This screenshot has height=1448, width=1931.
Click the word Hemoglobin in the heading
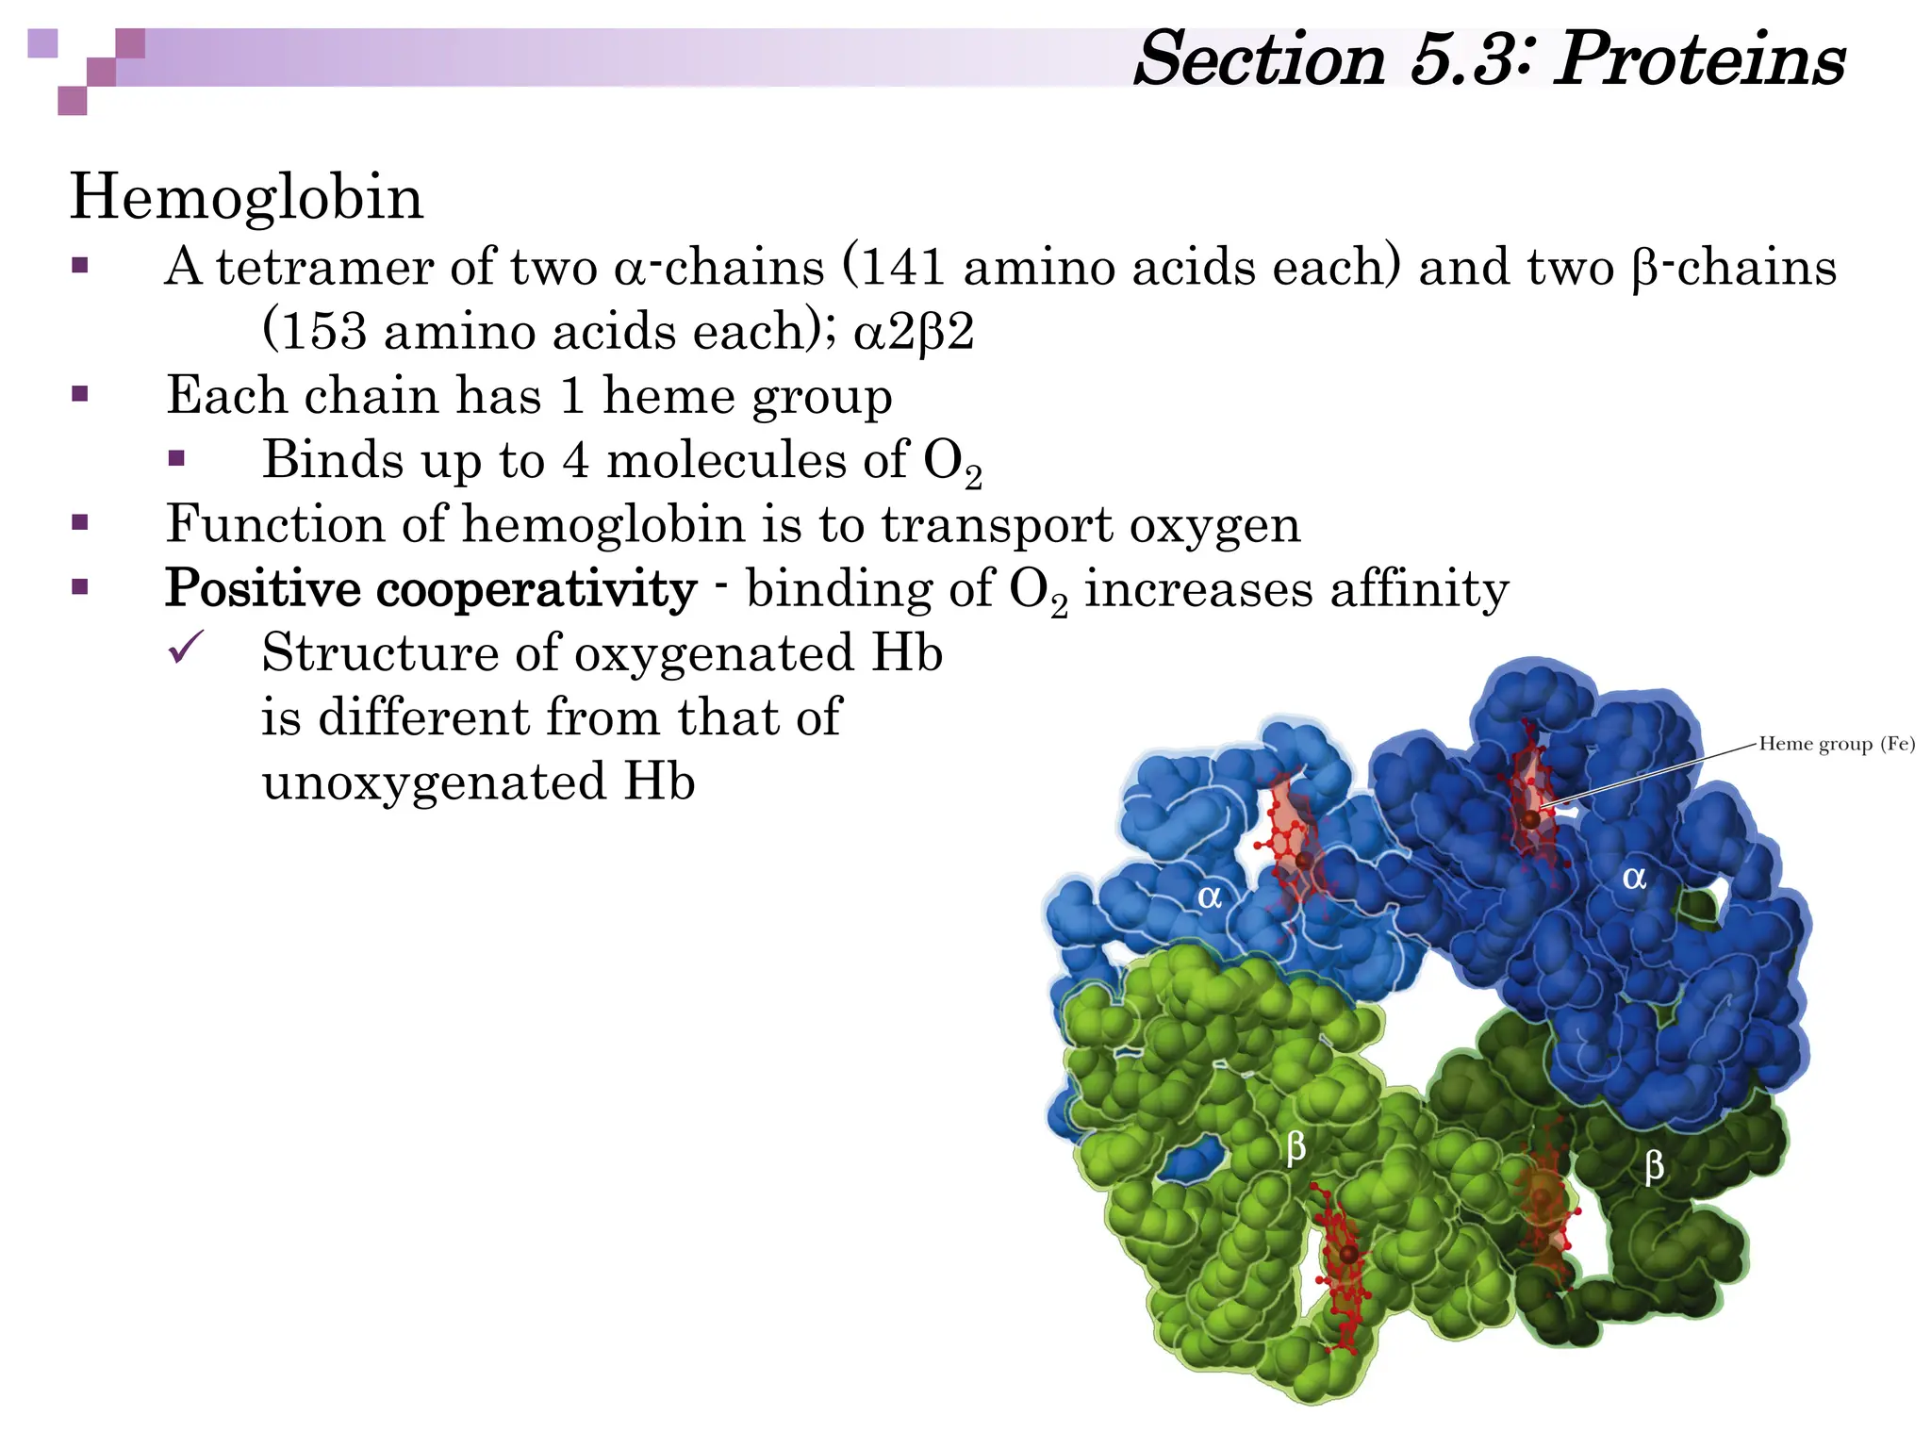click(247, 198)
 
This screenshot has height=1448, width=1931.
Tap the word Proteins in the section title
click(1699, 59)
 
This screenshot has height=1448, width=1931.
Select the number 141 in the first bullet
click(904, 267)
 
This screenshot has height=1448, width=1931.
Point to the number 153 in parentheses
click(323, 331)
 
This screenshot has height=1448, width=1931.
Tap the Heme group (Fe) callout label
click(1836, 744)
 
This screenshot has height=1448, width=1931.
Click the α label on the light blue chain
click(1210, 896)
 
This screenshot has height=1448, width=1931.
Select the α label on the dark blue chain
click(1634, 878)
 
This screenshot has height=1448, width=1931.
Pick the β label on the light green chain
click(1296, 1147)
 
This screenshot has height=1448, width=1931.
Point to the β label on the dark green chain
click(1654, 1167)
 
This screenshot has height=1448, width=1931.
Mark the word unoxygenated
click(434, 782)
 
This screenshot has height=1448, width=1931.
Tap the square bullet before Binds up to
click(176, 459)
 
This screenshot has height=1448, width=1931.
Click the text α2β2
click(913, 332)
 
